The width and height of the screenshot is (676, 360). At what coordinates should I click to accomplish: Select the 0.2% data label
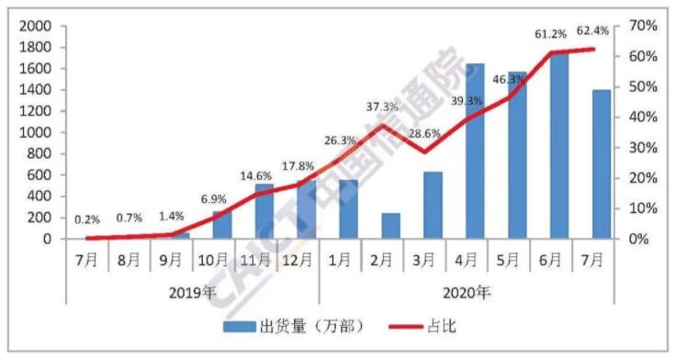pos(88,219)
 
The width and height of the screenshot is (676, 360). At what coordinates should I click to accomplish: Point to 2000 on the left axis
pos(35,27)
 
